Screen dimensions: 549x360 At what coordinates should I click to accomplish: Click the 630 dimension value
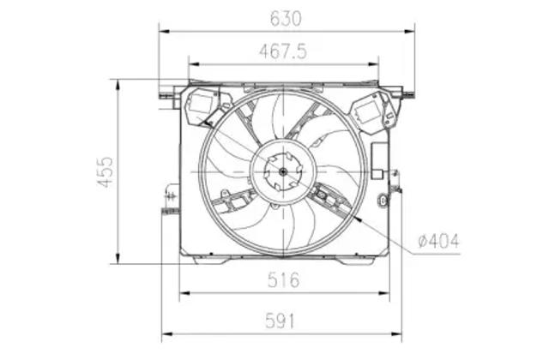(x=286, y=19)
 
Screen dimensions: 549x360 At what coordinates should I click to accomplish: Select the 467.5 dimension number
(x=283, y=51)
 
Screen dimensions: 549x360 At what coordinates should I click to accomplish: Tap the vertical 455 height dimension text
(x=106, y=171)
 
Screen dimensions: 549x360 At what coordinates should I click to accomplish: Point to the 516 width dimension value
(x=284, y=280)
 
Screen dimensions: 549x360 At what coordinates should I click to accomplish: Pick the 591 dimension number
(x=280, y=321)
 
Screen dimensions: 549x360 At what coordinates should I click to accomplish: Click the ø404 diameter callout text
(x=438, y=241)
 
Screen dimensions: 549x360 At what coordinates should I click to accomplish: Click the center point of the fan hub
(x=283, y=171)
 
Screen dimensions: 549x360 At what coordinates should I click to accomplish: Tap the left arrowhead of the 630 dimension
(x=164, y=32)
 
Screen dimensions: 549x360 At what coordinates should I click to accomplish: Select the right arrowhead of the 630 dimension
(x=409, y=32)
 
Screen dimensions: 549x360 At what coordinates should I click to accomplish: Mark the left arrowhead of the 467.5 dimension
(x=194, y=64)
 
